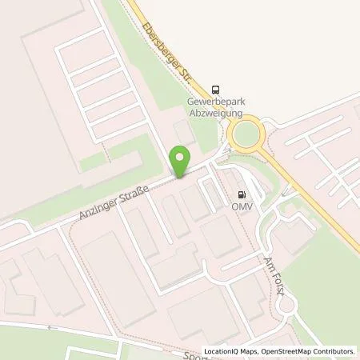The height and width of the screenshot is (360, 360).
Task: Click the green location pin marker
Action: (x=182, y=159)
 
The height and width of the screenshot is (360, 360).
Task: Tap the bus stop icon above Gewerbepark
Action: (x=214, y=90)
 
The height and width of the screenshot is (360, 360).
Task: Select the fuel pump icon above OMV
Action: (x=242, y=194)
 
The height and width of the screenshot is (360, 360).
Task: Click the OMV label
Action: (x=242, y=206)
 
